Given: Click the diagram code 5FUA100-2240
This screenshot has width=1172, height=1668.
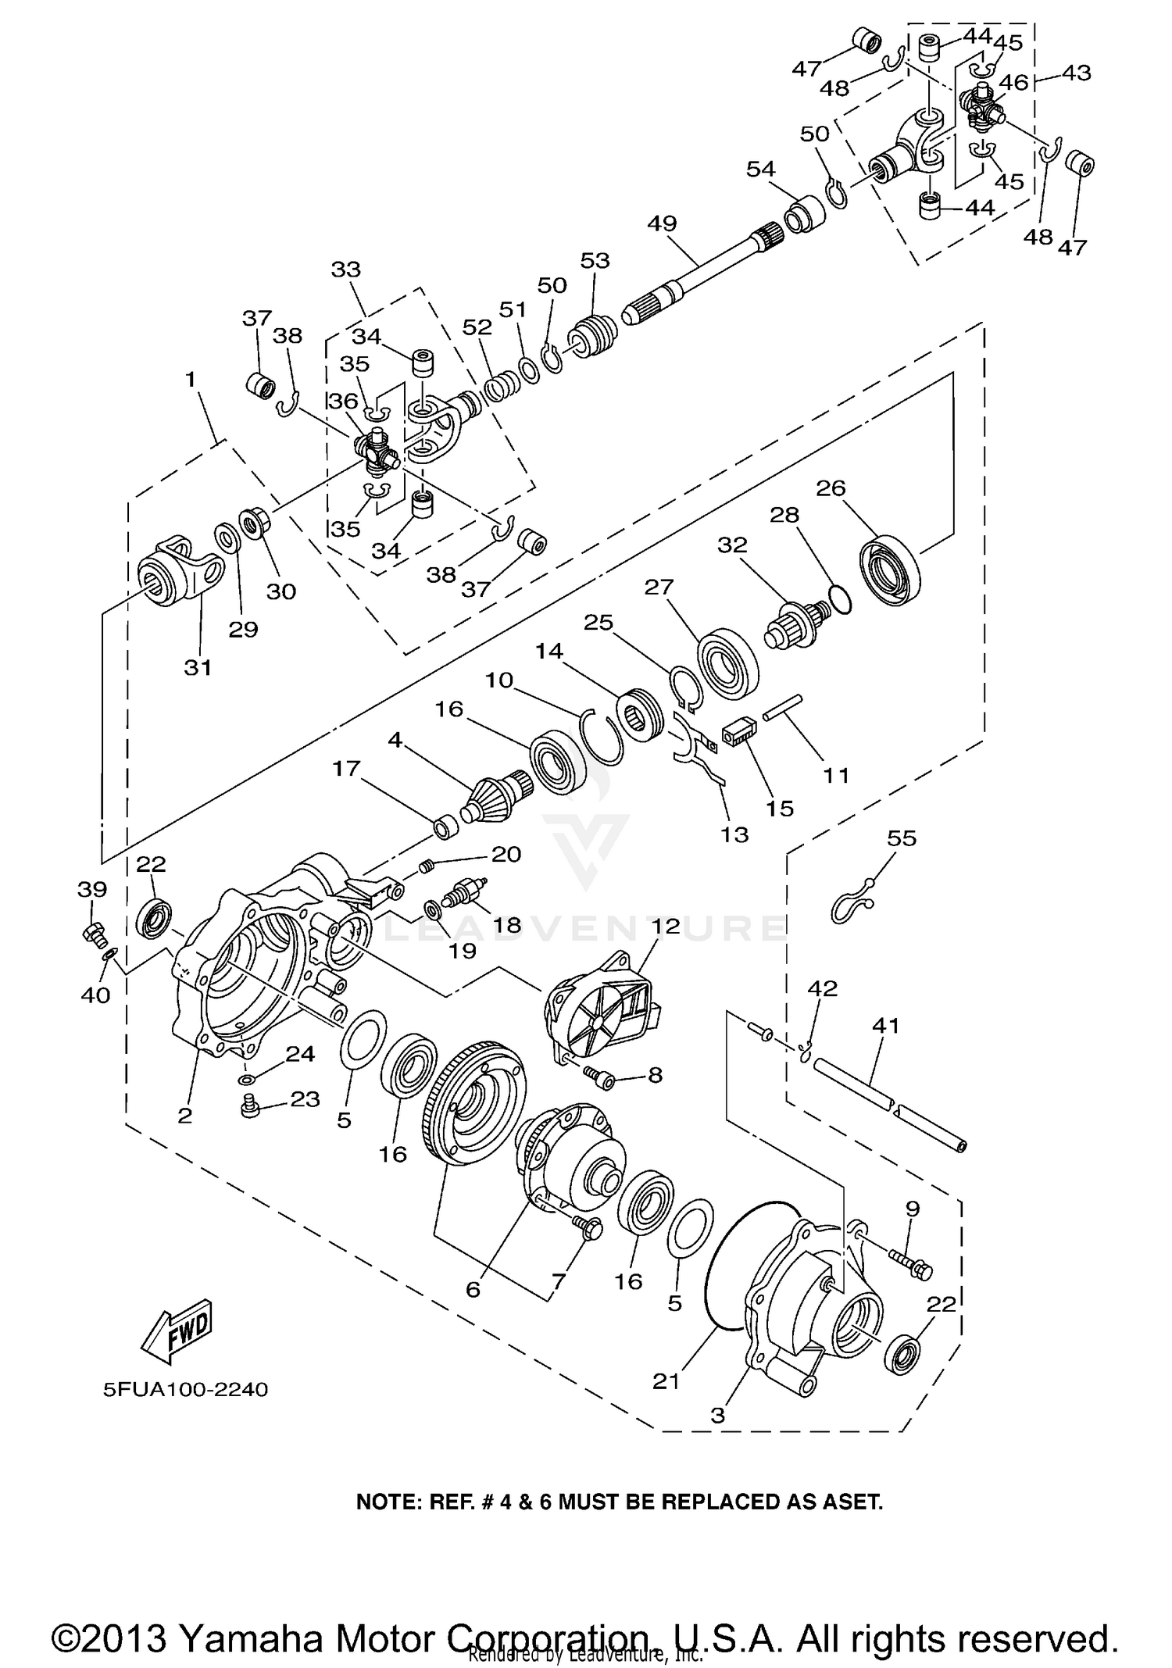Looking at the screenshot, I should click(x=185, y=1390).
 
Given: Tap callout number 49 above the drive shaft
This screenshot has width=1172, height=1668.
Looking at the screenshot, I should click(x=662, y=223).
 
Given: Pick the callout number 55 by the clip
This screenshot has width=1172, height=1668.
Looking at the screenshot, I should click(x=902, y=838).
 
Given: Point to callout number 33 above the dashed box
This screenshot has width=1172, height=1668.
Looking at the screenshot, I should click(x=346, y=270).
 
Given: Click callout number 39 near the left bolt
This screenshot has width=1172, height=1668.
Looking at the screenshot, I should click(x=92, y=889).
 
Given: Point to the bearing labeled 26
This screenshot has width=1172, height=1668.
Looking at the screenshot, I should click(x=890, y=569).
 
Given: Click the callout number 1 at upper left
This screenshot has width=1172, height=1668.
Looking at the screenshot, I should click(x=190, y=380).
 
